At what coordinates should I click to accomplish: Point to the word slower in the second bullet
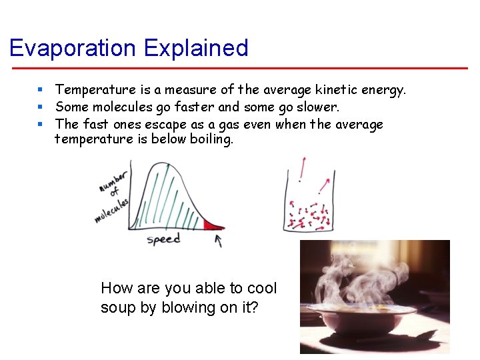point(316,107)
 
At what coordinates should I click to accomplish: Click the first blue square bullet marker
point(41,89)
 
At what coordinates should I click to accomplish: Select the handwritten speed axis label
point(163,239)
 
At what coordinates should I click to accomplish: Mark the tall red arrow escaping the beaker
point(303,167)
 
